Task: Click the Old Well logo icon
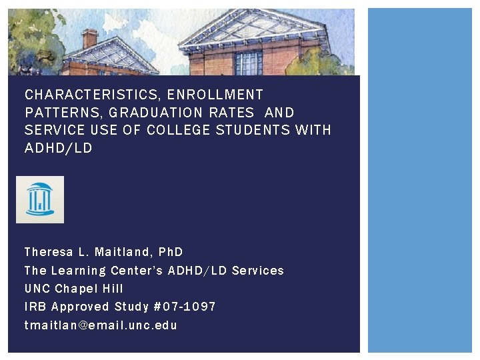(40, 199)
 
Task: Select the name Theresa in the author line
(48, 252)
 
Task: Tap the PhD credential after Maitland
(171, 252)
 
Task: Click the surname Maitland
(125, 252)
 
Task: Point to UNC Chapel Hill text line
(73, 289)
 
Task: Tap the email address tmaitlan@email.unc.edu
(101, 325)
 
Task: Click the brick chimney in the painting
(90, 39)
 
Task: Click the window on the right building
(249, 63)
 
